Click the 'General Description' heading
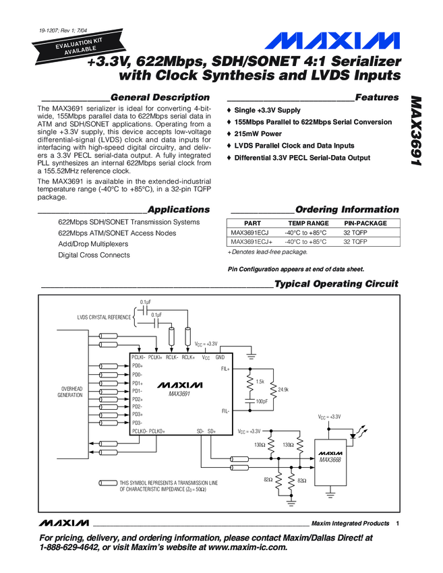160,98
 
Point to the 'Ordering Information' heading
347,210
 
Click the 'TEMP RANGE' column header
308,223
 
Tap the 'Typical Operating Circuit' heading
336,284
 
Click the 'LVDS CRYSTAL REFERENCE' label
104,316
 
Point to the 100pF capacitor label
262,402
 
